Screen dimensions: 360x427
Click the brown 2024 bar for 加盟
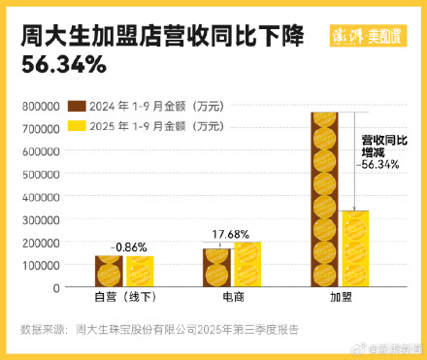click(326, 199)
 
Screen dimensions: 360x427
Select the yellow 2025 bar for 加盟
click(355, 248)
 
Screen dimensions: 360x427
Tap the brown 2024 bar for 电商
click(217, 268)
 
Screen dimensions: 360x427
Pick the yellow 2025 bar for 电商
click(246, 264)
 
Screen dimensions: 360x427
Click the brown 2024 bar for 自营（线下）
click(109, 272)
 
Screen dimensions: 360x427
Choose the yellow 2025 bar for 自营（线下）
click(138, 272)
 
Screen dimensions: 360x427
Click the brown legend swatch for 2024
click(76, 107)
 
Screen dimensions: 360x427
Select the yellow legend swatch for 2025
click(76, 125)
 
